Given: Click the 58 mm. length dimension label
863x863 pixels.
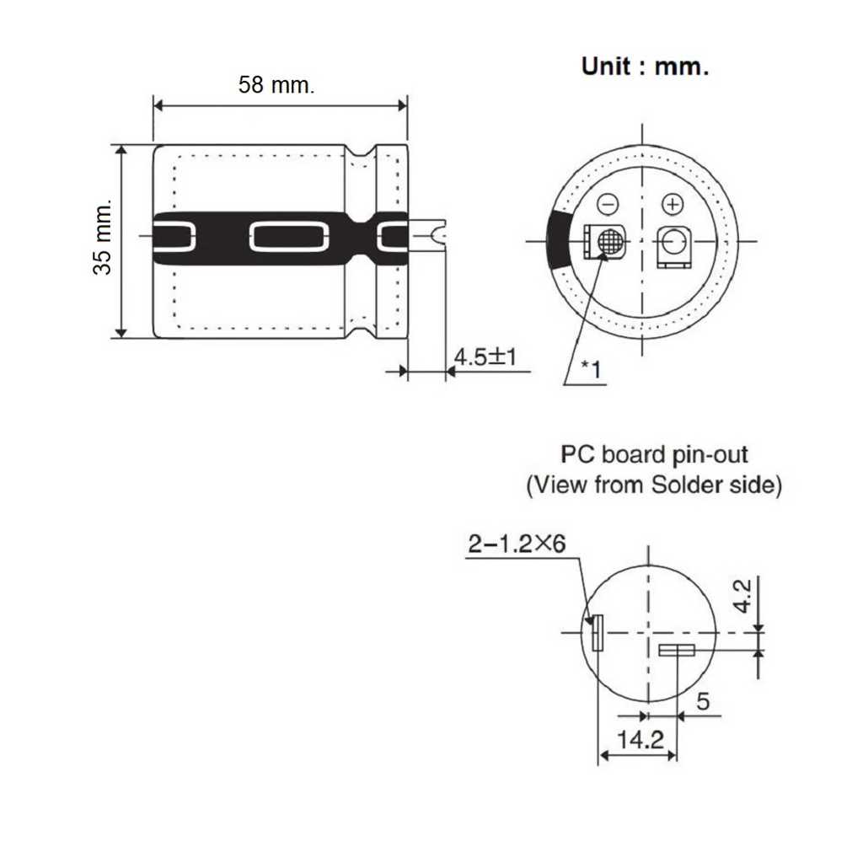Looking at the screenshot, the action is click(276, 85).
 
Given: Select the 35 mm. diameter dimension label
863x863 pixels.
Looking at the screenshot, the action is click(102, 237).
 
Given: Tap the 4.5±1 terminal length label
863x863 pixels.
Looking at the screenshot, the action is click(485, 356).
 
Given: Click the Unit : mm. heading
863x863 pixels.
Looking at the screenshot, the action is click(645, 67).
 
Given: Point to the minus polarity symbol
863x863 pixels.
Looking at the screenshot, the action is click(608, 205).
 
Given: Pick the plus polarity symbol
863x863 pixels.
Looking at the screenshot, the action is click(672, 204).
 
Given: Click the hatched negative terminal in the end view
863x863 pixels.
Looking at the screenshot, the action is click(609, 241).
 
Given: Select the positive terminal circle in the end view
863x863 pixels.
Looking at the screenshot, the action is click(672, 241).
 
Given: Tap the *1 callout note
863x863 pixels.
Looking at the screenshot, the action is click(592, 369).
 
